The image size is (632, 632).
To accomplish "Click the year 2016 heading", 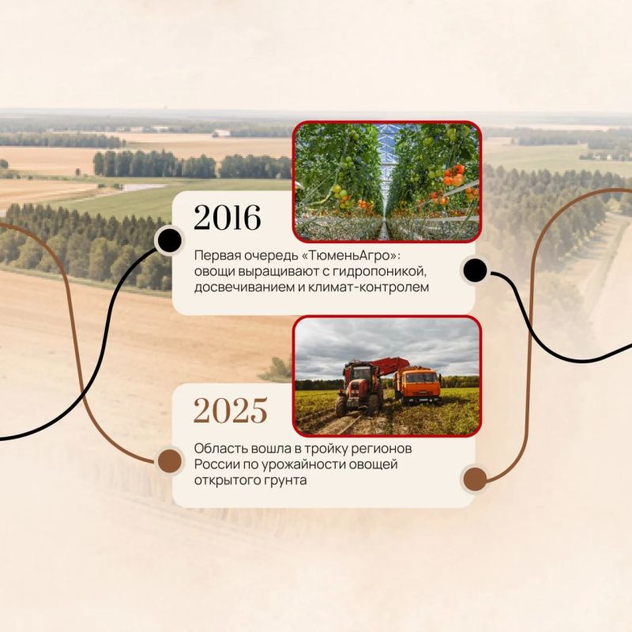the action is pyautogui.click(x=228, y=218).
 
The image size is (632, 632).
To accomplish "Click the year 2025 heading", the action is pyautogui.click(x=230, y=410).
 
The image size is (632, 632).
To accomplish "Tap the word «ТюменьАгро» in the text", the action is pyautogui.click(x=350, y=255).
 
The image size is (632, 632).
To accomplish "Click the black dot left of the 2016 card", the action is pyautogui.click(x=169, y=240).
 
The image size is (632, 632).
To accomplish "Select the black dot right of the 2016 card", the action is pyautogui.click(x=476, y=270).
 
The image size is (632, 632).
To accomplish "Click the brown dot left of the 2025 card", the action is pyautogui.click(x=170, y=461).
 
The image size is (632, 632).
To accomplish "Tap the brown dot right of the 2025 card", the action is pyautogui.click(x=476, y=479).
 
